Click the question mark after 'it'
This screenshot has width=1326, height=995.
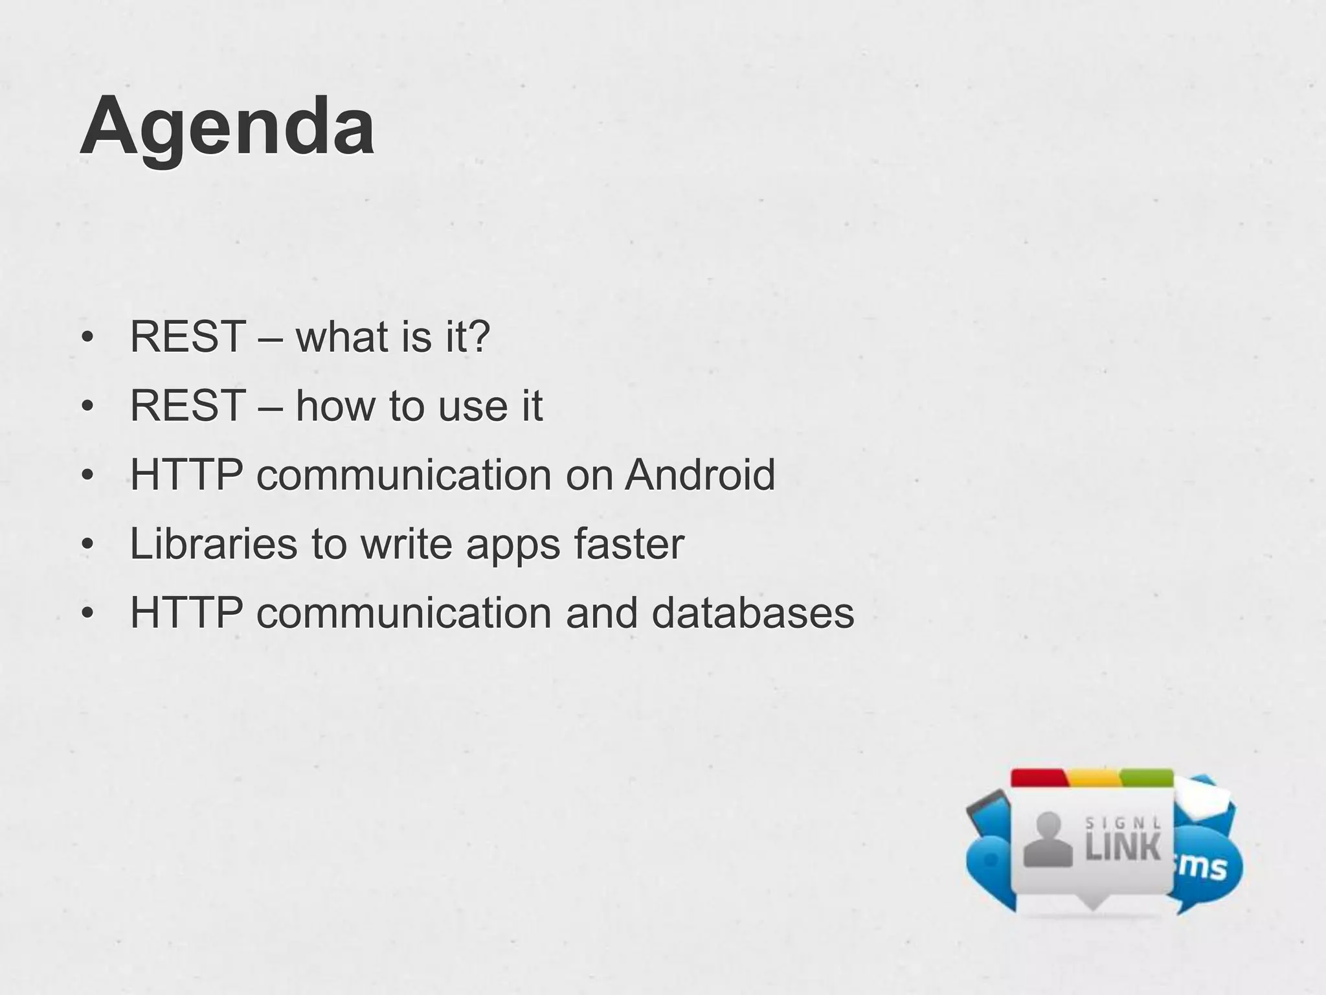point(479,337)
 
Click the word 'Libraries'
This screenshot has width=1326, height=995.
point(214,544)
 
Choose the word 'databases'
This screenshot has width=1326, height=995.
point(752,613)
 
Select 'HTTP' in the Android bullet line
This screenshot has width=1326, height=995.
point(186,475)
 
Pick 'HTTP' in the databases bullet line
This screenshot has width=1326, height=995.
point(186,613)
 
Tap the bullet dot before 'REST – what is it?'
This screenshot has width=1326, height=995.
point(88,338)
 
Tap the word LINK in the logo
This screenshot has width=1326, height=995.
point(1123,848)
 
